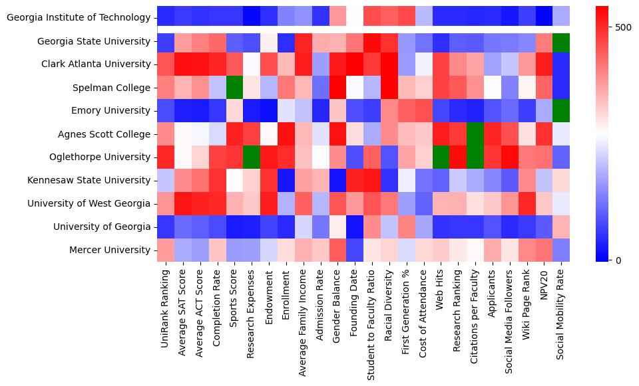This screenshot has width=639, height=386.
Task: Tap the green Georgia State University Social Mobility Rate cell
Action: click(x=561, y=41)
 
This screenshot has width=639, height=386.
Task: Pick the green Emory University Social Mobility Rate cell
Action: click(x=561, y=111)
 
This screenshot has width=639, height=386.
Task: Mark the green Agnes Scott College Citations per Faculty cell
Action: click(x=475, y=134)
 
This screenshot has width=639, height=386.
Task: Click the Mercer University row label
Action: click(x=110, y=250)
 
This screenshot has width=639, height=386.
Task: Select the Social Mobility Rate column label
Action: click(x=561, y=318)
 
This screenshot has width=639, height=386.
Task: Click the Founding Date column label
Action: click(x=355, y=302)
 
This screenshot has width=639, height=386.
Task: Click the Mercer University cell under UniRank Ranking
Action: click(x=166, y=250)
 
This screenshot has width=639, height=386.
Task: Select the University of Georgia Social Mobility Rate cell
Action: click(x=561, y=227)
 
